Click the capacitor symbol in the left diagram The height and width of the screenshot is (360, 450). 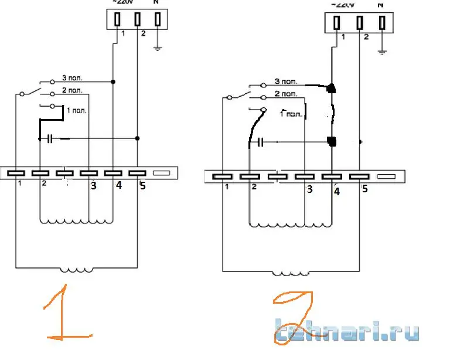50,139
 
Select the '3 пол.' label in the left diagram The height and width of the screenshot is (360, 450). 73,79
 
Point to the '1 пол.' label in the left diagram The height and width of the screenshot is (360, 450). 76,110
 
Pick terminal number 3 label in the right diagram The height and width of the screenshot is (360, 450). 309,189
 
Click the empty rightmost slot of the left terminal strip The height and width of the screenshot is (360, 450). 161,173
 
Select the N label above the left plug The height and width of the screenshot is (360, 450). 155,3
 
